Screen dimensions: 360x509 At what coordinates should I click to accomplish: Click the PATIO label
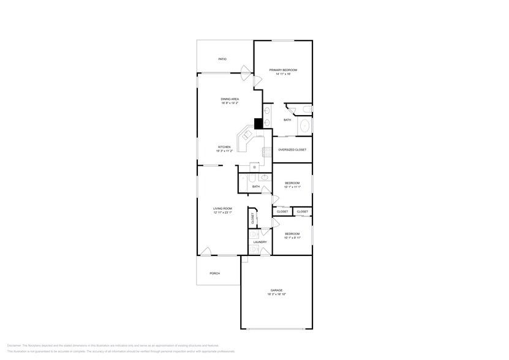click(x=222, y=59)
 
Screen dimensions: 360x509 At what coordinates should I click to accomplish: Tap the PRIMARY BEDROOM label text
click(x=283, y=70)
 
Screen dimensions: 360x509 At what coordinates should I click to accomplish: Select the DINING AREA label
click(x=230, y=99)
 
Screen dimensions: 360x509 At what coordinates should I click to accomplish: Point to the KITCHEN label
click(x=225, y=147)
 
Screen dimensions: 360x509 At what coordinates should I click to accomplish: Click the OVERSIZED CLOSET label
click(x=292, y=149)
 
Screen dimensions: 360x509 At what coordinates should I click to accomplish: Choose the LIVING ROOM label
click(x=222, y=208)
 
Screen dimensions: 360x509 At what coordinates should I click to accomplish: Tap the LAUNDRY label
click(x=260, y=242)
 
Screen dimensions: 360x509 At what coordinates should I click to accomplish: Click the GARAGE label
click(x=277, y=290)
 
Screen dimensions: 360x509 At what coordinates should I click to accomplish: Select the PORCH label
click(x=214, y=273)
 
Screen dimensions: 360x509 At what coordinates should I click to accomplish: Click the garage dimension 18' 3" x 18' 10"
click(x=277, y=294)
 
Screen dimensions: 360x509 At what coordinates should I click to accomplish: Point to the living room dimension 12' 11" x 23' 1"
click(x=222, y=212)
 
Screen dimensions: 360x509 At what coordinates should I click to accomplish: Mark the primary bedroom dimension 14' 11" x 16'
click(x=283, y=75)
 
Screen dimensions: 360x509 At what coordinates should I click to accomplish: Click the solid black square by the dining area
click(x=258, y=122)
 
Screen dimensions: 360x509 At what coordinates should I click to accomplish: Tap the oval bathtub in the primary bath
click(x=304, y=127)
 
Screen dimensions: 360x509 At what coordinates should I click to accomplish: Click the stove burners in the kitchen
click(x=267, y=153)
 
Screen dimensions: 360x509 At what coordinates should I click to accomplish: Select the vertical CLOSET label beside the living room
click(x=252, y=217)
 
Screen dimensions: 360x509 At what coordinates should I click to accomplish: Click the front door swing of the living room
click(x=206, y=251)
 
